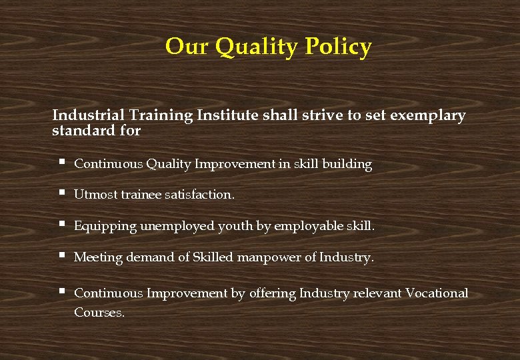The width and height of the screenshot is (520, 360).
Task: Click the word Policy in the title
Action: coord(338,47)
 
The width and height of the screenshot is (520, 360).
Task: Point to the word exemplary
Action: coord(427,115)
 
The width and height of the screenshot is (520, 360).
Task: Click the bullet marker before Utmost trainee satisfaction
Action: coord(61,194)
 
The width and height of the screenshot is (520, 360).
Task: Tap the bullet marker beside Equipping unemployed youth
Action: coord(61,225)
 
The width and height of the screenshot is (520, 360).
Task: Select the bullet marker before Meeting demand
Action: coord(61,256)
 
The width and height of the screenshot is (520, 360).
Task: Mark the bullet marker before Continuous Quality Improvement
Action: coord(61,163)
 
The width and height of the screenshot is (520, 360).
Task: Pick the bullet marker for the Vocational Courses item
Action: coord(61,292)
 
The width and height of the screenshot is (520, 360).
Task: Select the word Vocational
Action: coord(437,293)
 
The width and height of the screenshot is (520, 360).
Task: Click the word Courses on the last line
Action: coord(99,312)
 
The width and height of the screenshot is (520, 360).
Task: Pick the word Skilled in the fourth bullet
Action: coord(211,257)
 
